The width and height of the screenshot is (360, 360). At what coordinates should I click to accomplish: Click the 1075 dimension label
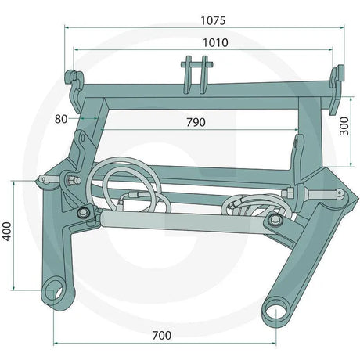[x=213, y=21]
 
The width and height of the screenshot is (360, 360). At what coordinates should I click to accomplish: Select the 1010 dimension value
[x=215, y=43]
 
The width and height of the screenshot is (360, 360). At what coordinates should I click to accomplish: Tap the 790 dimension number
[x=196, y=122]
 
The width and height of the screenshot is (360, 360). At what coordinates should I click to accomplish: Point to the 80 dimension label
[x=61, y=119]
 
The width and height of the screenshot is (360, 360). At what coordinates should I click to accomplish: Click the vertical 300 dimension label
[x=344, y=126]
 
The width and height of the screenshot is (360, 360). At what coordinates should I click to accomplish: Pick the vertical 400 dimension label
[x=7, y=232]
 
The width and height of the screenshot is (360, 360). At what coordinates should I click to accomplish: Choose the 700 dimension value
[x=162, y=336]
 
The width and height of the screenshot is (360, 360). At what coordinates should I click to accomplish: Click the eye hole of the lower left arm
[x=54, y=292]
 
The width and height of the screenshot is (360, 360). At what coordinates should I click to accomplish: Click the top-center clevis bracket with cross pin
[x=196, y=74]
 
